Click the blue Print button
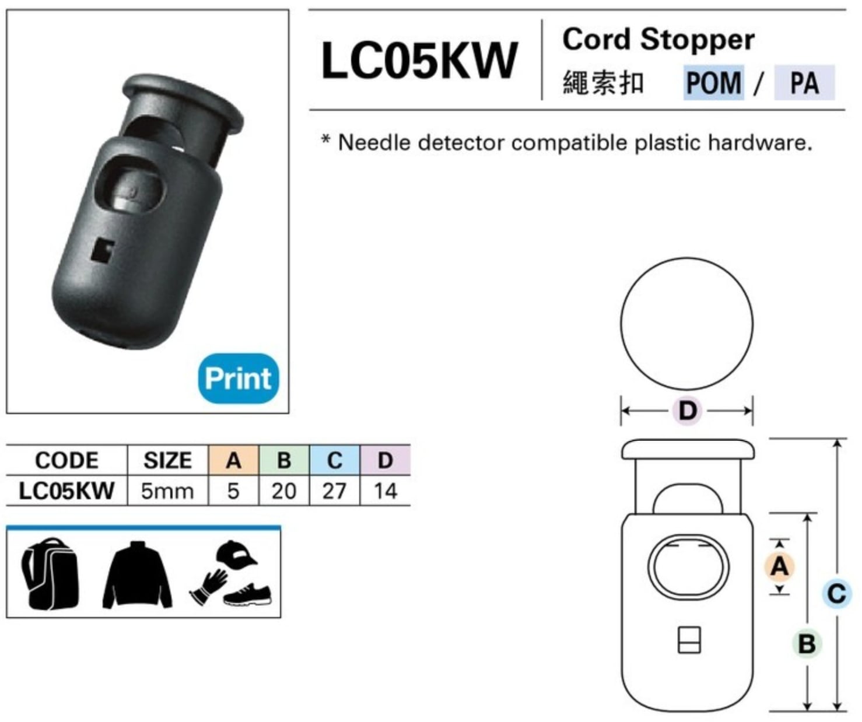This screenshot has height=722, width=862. (239, 378)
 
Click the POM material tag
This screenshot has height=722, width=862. (713, 83)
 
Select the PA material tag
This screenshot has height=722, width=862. (804, 83)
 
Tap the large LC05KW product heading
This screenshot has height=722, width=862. (419, 61)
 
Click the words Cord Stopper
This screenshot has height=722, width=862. (658, 40)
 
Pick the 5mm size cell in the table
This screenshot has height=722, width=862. (167, 491)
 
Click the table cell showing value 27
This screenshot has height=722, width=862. (334, 491)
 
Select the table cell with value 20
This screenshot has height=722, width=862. (284, 491)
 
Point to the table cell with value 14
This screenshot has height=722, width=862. (385, 491)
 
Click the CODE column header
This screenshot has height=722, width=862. (67, 460)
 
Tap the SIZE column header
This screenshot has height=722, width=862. (167, 460)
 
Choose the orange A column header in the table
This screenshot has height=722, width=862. (234, 460)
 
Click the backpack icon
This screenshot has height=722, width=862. (50, 573)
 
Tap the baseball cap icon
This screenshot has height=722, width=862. (236, 554)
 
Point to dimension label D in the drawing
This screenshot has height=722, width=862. (688, 411)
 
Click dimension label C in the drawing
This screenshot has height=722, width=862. (836, 594)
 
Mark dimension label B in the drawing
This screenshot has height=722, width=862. (807, 644)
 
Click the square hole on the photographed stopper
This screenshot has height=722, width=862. (101, 249)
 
